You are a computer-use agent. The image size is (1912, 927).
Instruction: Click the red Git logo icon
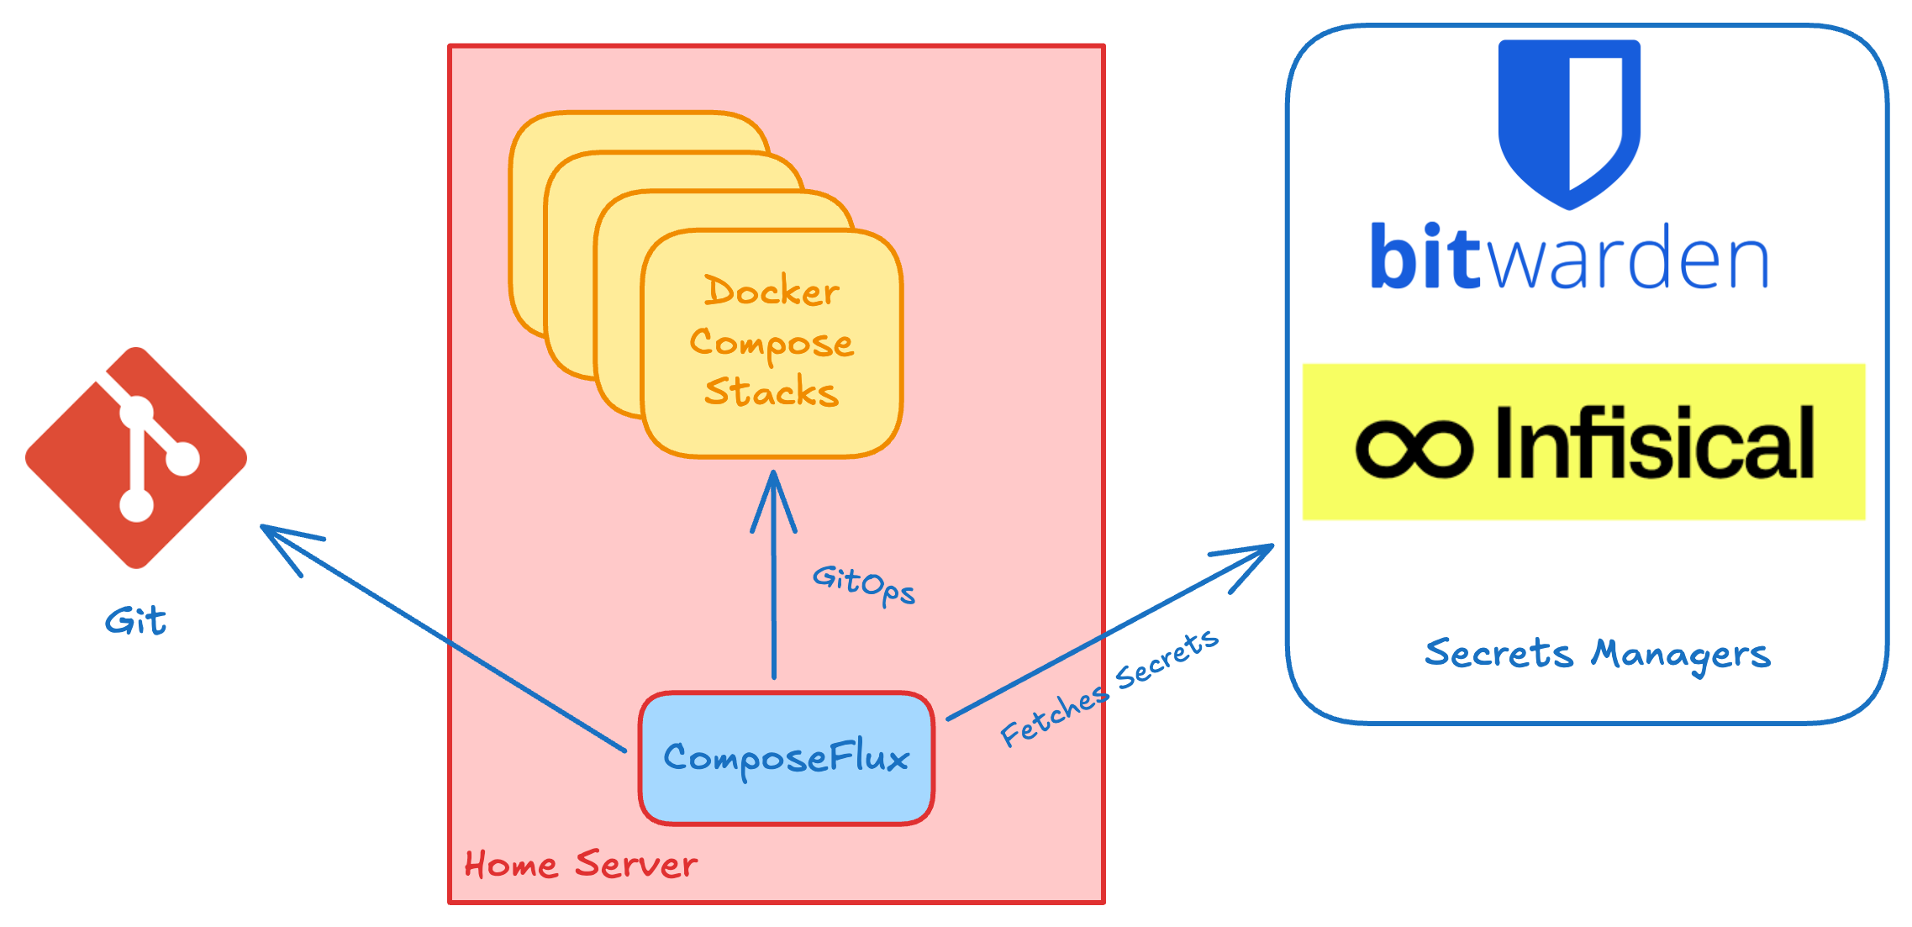[136, 458]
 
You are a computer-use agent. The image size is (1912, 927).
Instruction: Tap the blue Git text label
[135, 622]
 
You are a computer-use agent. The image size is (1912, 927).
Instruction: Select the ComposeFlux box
[786, 758]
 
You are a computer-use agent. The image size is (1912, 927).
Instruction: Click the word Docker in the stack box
[772, 292]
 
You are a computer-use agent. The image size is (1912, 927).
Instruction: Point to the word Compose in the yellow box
[772, 343]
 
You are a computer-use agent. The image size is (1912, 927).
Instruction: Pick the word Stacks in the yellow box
[772, 392]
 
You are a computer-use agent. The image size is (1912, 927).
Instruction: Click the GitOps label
[863, 583]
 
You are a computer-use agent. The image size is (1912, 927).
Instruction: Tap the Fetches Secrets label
[1109, 688]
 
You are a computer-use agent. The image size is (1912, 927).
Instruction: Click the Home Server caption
[581, 865]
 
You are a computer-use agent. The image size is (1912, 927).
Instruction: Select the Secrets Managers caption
[1597, 654]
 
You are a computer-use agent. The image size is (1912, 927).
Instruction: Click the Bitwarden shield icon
[1569, 122]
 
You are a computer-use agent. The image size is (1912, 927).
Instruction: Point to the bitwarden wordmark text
[1569, 257]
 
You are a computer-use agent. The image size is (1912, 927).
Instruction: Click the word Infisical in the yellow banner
[1654, 443]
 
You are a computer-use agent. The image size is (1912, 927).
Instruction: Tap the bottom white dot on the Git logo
[136, 505]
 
